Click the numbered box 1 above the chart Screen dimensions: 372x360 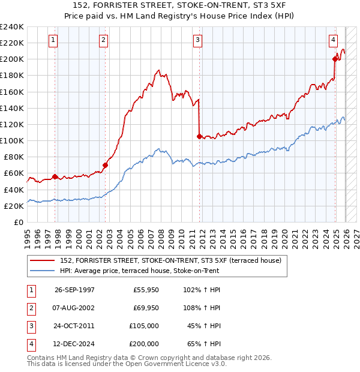point(53,40)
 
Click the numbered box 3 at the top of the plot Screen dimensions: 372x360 point(197,40)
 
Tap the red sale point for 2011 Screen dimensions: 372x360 point(199,136)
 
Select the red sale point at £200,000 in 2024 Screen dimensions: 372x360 point(335,59)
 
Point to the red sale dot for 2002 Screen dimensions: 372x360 point(105,165)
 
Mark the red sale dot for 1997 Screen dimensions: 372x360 point(55,176)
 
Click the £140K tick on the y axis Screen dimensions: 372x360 point(12,108)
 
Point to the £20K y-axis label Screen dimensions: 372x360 point(14,206)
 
